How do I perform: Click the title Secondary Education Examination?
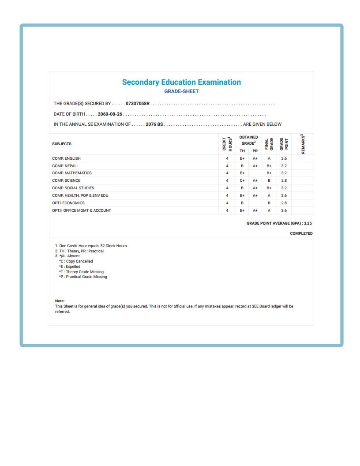(181, 82)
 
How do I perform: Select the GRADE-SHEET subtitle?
(181, 91)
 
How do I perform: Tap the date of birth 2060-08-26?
(110, 114)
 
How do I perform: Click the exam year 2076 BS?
(154, 124)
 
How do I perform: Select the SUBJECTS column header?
(62, 144)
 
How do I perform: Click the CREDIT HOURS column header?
(227, 144)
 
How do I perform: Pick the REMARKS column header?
(303, 144)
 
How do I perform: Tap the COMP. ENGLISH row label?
(66, 158)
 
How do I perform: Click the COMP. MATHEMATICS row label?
(72, 173)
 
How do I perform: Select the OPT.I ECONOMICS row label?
(68, 203)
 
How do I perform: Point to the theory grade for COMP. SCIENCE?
(242, 180)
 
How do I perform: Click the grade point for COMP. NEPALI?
(284, 166)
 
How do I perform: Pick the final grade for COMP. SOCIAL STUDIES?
(269, 188)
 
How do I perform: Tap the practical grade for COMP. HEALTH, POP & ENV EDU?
(255, 195)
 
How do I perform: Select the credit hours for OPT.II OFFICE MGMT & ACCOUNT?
(227, 210)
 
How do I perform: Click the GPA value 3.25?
(308, 224)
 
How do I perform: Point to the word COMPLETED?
(301, 233)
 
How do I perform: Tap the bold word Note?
(60, 301)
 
